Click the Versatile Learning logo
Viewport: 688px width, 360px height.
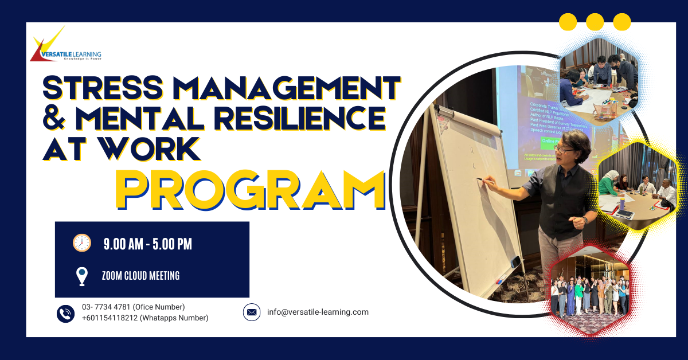65,45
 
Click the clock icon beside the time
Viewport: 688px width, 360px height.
82,243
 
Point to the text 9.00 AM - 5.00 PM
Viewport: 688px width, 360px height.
147,244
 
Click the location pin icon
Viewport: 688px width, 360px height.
82,276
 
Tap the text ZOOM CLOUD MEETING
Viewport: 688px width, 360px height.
140,276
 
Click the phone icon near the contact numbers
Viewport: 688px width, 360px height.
66,313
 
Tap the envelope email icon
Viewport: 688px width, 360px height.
252,312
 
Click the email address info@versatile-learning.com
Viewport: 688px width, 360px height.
318,312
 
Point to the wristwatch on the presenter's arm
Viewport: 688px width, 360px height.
585,220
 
